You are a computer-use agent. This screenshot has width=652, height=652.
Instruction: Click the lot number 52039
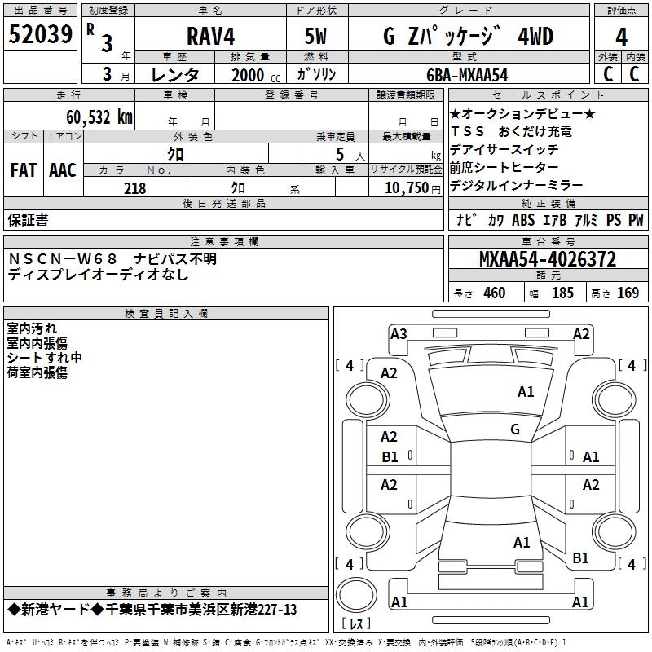point(40,34)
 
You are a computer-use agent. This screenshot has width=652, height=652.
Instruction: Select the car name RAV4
point(210,36)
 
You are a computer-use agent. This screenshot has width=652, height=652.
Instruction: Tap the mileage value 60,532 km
point(99,117)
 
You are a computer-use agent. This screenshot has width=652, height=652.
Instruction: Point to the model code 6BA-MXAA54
point(467,75)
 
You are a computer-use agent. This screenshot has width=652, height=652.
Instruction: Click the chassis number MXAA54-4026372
point(548,259)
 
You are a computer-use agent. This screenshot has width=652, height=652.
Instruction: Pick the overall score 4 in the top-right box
point(621,37)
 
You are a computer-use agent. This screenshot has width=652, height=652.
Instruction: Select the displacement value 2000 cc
point(256,75)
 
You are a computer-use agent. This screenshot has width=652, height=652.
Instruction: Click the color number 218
point(134,188)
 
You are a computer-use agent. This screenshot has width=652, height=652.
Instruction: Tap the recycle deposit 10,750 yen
point(412,188)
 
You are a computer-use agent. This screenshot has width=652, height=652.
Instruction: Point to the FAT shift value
point(24,170)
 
